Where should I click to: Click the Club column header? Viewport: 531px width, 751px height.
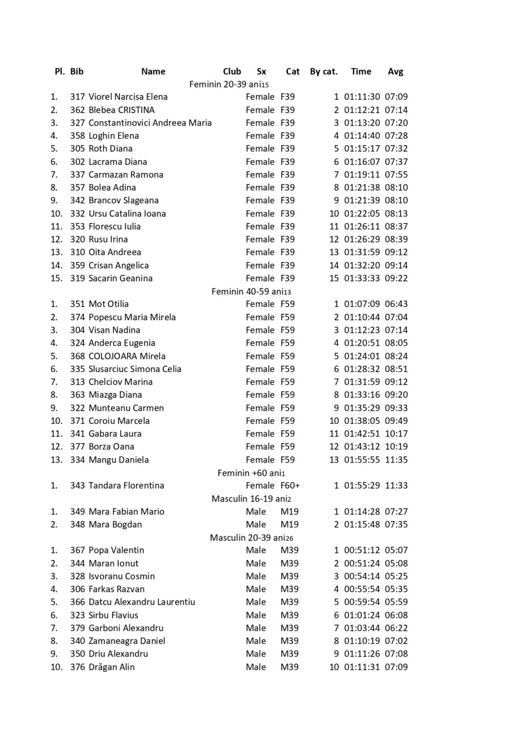click(232, 71)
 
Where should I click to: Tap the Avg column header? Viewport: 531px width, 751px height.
click(395, 71)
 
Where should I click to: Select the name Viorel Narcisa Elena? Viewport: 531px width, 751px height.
click(128, 97)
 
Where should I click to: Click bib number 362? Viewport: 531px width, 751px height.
click(77, 110)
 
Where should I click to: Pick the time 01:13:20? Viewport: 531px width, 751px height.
click(362, 123)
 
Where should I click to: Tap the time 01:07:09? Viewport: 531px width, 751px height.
click(362, 304)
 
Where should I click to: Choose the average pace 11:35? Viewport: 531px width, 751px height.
click(396, 460)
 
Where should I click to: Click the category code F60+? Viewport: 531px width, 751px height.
click(290, 486)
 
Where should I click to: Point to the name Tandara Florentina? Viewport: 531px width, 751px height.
click(126, 486)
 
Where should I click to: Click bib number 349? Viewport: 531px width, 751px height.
click(77, 511)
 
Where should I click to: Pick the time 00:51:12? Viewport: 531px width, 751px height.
click(362, 550)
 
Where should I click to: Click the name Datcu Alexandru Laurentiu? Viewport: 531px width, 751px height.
click(142, 602)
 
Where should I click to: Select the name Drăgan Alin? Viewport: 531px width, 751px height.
click(111, 667)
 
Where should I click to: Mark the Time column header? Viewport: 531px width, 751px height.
click(361, 71)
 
